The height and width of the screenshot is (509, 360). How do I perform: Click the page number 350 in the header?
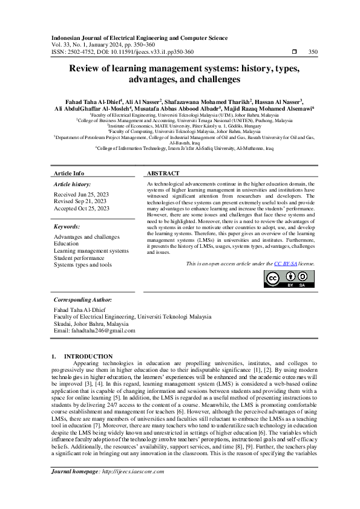pos(313,52)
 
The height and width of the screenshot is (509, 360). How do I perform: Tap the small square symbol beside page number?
pos(294,52)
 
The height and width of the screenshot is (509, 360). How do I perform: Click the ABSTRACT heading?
pos(163,173)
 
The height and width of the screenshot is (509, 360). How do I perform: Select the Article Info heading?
pos(69,173)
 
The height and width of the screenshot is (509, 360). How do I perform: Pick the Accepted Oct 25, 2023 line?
pos(82,208)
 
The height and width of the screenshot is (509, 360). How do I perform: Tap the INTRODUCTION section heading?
pos(88,356)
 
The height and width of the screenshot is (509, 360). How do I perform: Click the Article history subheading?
pos(72,183)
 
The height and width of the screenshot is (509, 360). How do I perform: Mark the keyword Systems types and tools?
pos(83,265)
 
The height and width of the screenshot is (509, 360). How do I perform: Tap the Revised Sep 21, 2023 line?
pos(80,201)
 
